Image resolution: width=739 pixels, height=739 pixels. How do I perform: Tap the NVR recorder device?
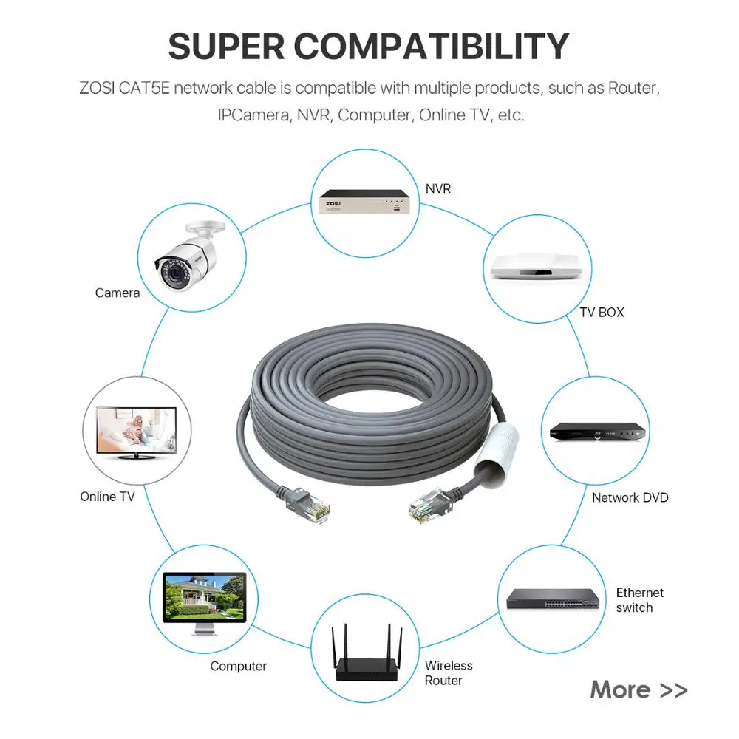point(364,202)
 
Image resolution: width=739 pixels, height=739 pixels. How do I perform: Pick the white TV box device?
point(537,267)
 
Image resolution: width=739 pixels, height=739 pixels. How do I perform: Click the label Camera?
point(118,293)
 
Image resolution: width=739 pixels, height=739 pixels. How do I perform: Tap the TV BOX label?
point(602,313)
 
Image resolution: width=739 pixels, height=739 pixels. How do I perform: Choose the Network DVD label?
point(630,498)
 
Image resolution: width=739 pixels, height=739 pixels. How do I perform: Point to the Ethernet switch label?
point(639,600)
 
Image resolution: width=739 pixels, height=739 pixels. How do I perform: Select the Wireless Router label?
point(448,673)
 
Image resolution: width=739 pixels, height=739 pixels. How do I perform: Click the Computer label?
point(238,667)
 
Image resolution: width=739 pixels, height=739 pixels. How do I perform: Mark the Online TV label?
point(108,497)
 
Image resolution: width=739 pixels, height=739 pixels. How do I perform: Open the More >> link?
point(638,690)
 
